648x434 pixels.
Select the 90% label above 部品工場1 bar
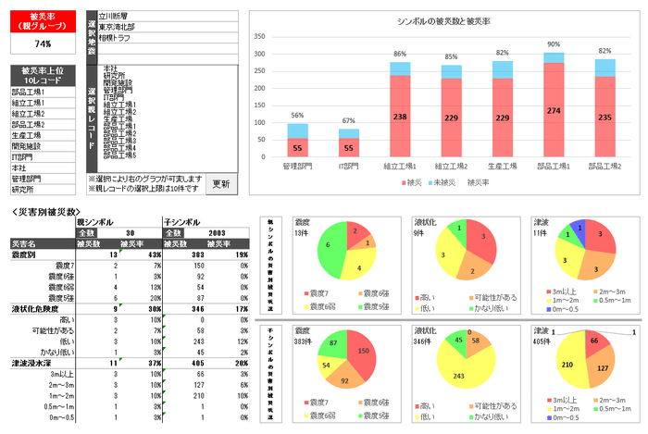[x=554, y=44]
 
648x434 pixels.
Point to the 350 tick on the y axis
[x=260, y=38]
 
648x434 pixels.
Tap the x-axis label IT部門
[x=348, y=167]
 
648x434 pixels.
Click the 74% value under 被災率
[x=43, y=43]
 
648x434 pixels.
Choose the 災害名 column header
[x=25, y=243]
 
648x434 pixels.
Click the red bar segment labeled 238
[x=400, y=118]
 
